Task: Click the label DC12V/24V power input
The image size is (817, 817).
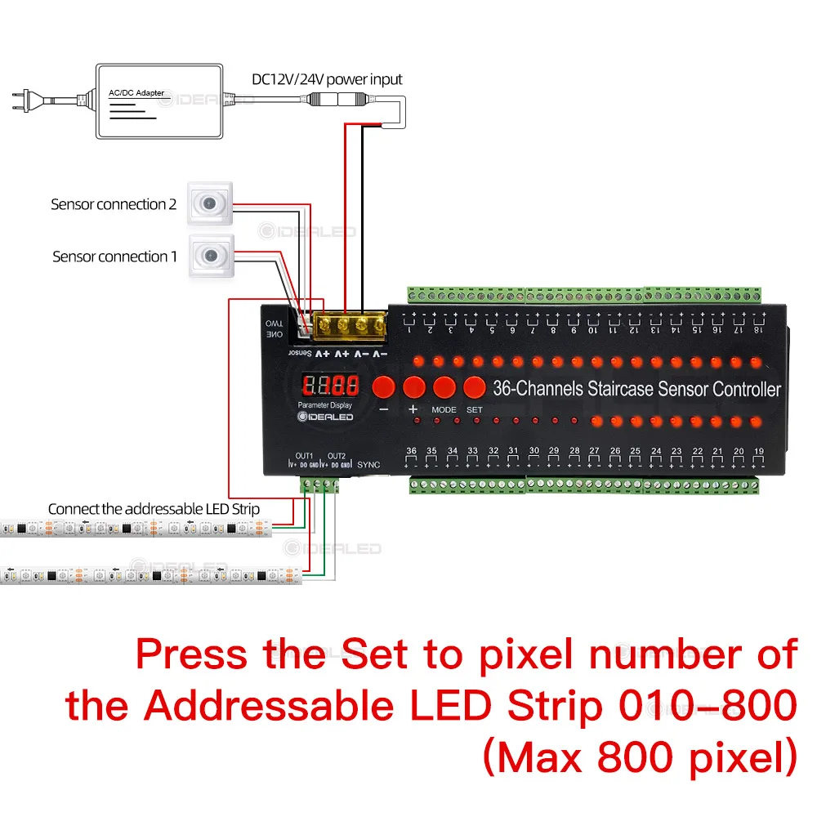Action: click(326, 79)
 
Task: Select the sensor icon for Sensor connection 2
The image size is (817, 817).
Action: click(211, 203)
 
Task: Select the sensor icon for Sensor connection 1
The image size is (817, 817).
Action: click(211, 256)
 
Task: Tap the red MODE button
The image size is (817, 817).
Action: click(444, 386)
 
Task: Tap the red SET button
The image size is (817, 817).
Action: click(474, 386)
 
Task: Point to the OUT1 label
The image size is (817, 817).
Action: click(304, 455)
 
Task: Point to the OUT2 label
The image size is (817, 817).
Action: click(337, 455)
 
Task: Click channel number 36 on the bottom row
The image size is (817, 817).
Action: click(411, 450)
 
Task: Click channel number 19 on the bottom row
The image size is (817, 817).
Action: click(759, 450)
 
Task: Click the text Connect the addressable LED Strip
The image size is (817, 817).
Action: click(154, 509)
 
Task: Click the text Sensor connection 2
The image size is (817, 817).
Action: click(114, 204)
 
